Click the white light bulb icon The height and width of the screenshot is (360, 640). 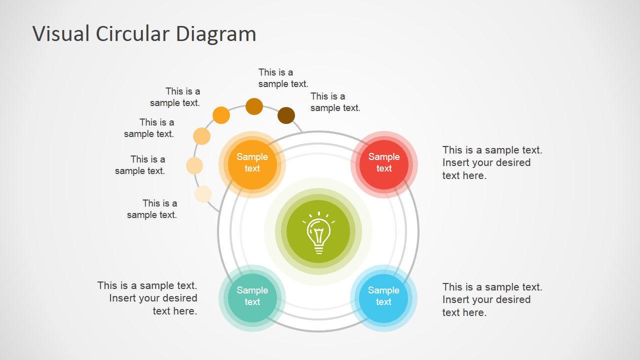coord(318,232)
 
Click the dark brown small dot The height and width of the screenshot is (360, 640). coord(286,115)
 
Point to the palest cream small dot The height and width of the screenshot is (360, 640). coord(203,194)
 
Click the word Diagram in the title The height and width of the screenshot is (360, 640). coord(216,33)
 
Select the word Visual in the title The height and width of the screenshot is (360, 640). coord(61,33)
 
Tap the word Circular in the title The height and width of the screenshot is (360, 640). coord(132,33)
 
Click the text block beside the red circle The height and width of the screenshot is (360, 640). coord(492,162)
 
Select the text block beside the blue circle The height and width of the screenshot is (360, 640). coord(492,299)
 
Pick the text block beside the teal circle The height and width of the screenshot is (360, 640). coord(147,298)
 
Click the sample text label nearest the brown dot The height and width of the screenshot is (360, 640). coord(335,102)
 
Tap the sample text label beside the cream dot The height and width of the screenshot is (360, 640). coord(152,209)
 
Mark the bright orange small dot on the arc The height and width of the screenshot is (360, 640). coord(221,115)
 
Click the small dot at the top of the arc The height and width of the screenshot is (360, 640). coord(254,106)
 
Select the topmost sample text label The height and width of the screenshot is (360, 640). coord(283,78)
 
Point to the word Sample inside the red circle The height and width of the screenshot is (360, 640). coord(383,157)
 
